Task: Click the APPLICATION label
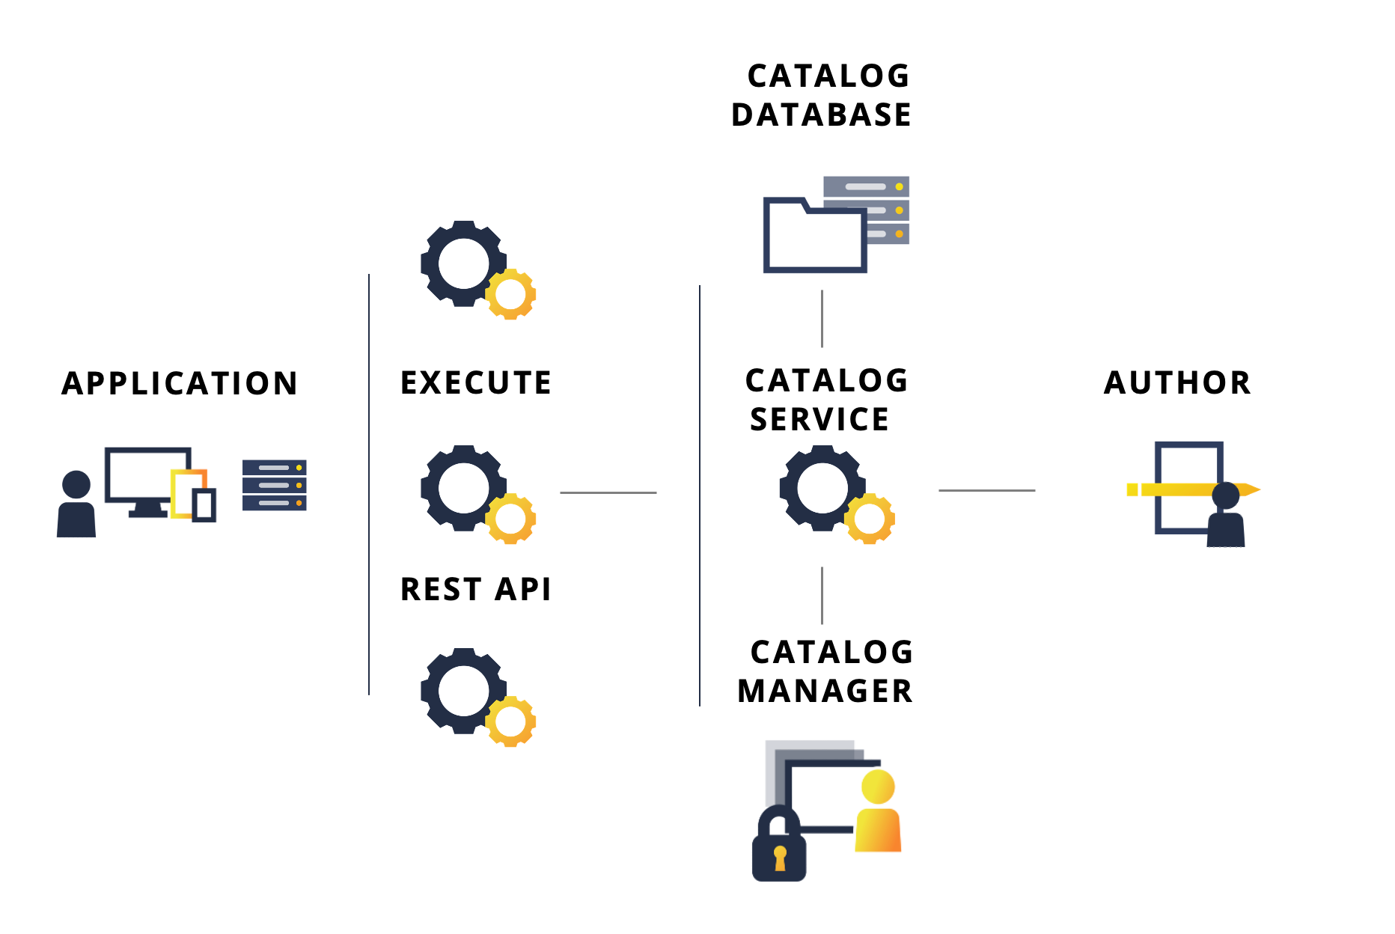tap(180, 383)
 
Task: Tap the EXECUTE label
tap(476, 382)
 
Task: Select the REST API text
tap(476, 589)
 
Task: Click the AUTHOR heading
tap(1177, 382)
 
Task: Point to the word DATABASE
tap(821, 115)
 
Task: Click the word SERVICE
tap(819, 419)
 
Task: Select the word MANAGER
tap(825, 691)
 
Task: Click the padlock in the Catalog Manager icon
tap(779, 849)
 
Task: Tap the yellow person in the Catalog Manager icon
tap(878, 812)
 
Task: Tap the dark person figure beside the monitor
tap(76, 505)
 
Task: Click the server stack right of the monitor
tap(275, 485)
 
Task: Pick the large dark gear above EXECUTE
tap(463, 263)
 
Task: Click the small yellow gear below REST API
tap(511, 721)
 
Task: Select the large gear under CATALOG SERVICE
tap(822, 488)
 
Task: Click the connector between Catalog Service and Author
tap(986, 490)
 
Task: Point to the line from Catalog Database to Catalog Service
tap(822, 319)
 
